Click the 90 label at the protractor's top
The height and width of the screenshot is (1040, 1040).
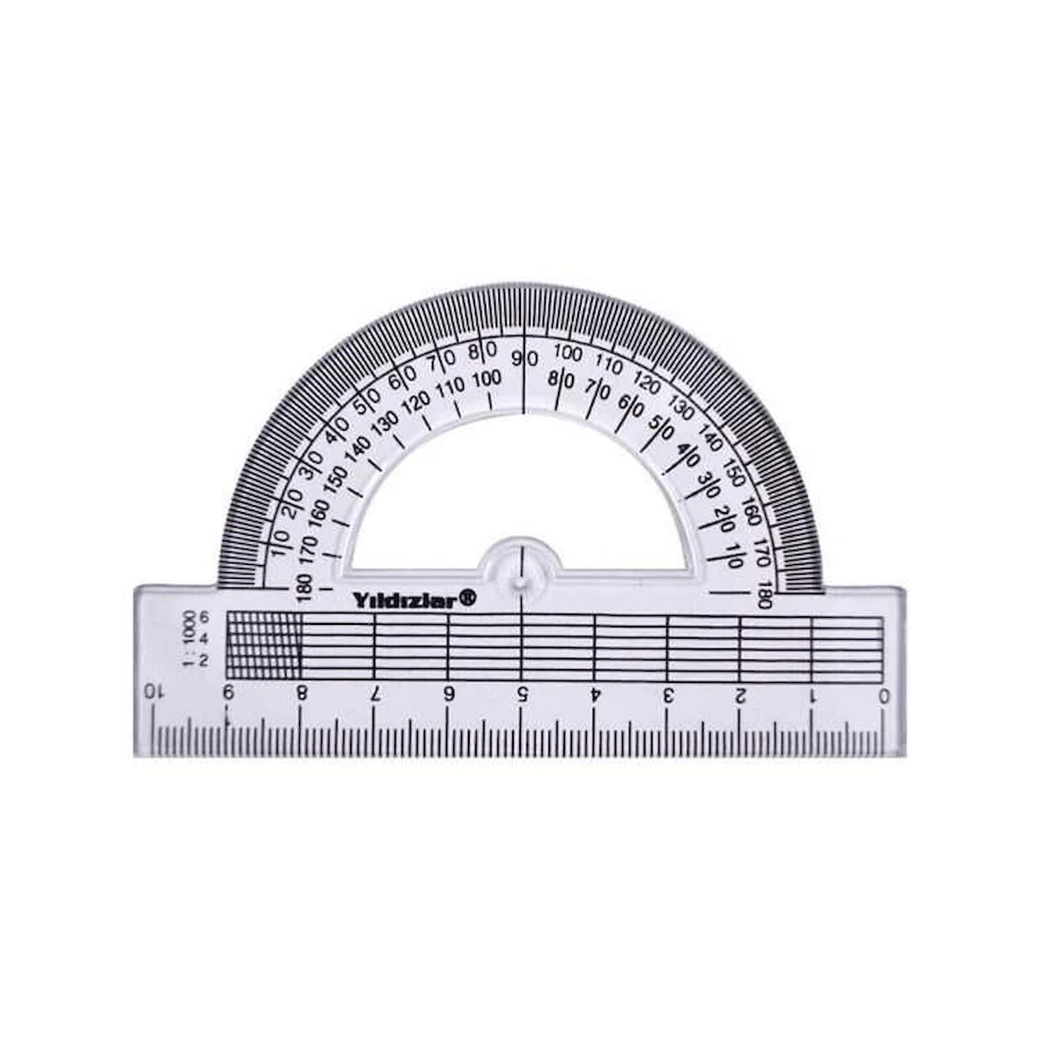(524, 359)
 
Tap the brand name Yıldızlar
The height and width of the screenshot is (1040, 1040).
(404, 601)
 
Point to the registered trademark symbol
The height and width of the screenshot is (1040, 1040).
(468, 598)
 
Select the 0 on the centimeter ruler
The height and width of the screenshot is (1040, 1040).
(883, 695)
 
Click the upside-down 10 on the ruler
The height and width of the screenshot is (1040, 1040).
(153, 692)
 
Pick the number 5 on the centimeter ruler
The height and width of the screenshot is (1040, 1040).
(523, 695)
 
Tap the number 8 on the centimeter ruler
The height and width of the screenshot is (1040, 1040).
(301, 693)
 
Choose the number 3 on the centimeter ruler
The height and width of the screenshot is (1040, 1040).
(669, 695)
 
